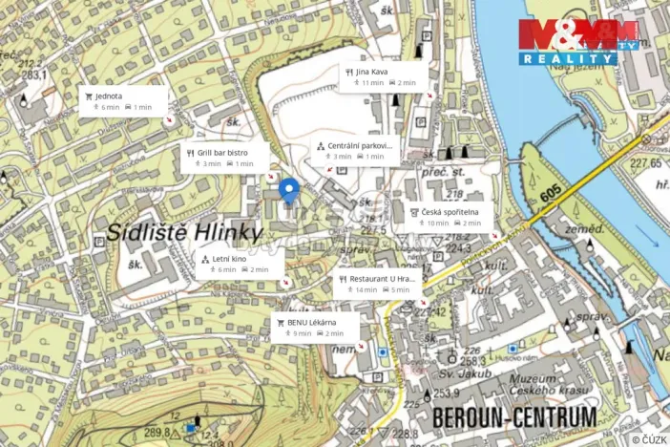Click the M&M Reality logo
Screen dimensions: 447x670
coord(578,41)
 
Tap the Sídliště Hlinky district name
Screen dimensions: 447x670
coord(184,232)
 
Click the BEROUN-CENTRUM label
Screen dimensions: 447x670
coord(514,417)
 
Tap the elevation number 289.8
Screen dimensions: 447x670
coord(157,433)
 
